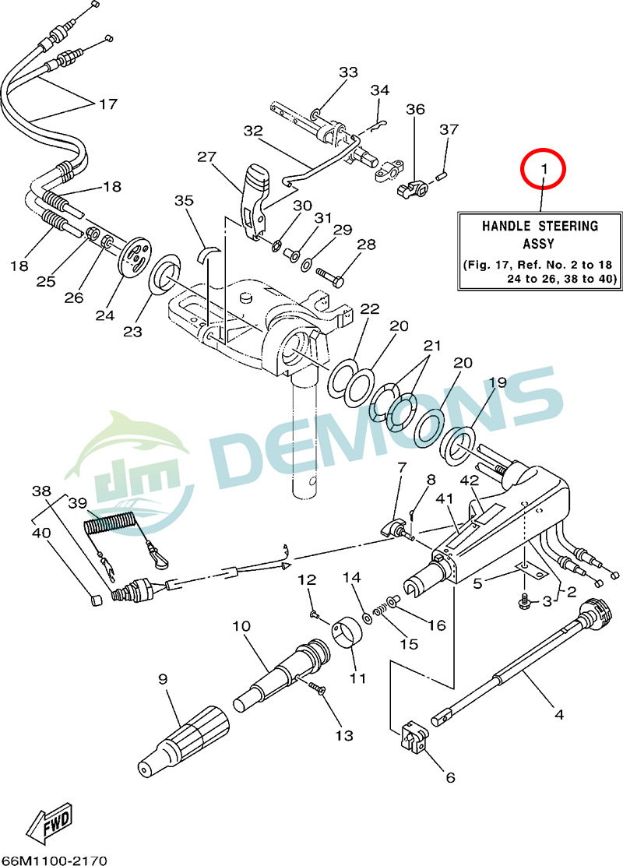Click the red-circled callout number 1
544,168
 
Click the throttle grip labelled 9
184,739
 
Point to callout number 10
241,625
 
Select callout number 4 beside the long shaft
558,713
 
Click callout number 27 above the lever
206,157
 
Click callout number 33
348,72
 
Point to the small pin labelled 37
441,174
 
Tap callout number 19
497,382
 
